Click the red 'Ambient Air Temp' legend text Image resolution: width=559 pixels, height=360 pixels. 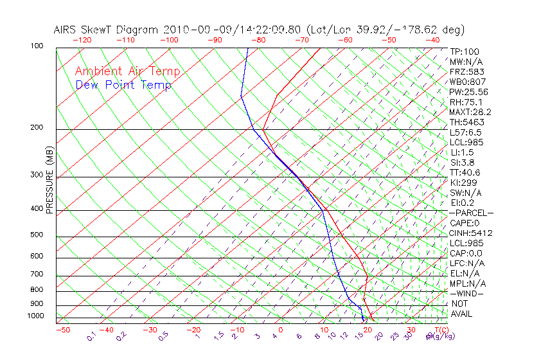tap(127, 72)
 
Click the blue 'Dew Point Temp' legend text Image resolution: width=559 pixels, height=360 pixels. tap(123, 85)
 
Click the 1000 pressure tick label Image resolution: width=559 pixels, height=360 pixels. tap(36, 316)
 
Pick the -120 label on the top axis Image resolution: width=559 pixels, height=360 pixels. tap(82, 40)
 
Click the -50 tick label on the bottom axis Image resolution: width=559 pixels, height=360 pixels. tap(62, 330)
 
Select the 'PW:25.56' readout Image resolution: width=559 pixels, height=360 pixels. tap(467, 92)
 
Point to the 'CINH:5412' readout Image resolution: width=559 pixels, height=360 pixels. tap(471, 233)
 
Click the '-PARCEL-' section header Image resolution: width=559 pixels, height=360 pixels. tap(471, 213)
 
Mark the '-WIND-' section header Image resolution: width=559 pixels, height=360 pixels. tap(466, 293)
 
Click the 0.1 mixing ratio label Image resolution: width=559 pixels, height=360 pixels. tap(92, 336)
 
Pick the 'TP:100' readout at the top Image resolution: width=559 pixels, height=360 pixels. tap(464, 51)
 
